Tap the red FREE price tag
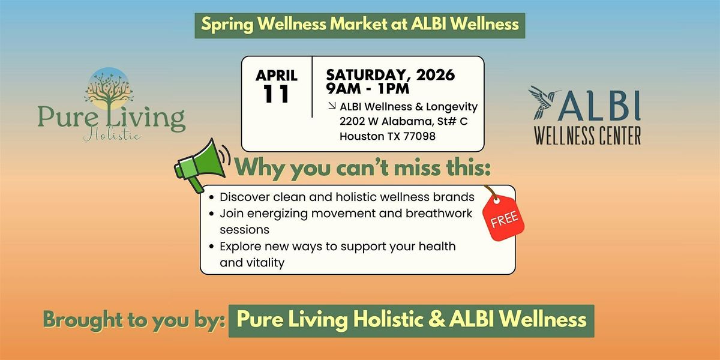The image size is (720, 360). (503, 217)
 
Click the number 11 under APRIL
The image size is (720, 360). (276, 94)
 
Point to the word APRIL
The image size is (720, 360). (277, 76)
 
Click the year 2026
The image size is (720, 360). (436, 75)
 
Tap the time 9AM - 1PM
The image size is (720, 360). (368, 88)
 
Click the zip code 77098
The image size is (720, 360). (419, 136)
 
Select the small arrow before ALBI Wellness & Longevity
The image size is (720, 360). (332, 106)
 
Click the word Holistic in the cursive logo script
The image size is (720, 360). (112, 134)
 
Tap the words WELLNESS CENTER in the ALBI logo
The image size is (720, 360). (587, 136)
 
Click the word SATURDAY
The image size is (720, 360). (368, 75)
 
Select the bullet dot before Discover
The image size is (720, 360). (211, 197)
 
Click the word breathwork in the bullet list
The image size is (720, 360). (439, 213)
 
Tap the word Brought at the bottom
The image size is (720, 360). (83, 320)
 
